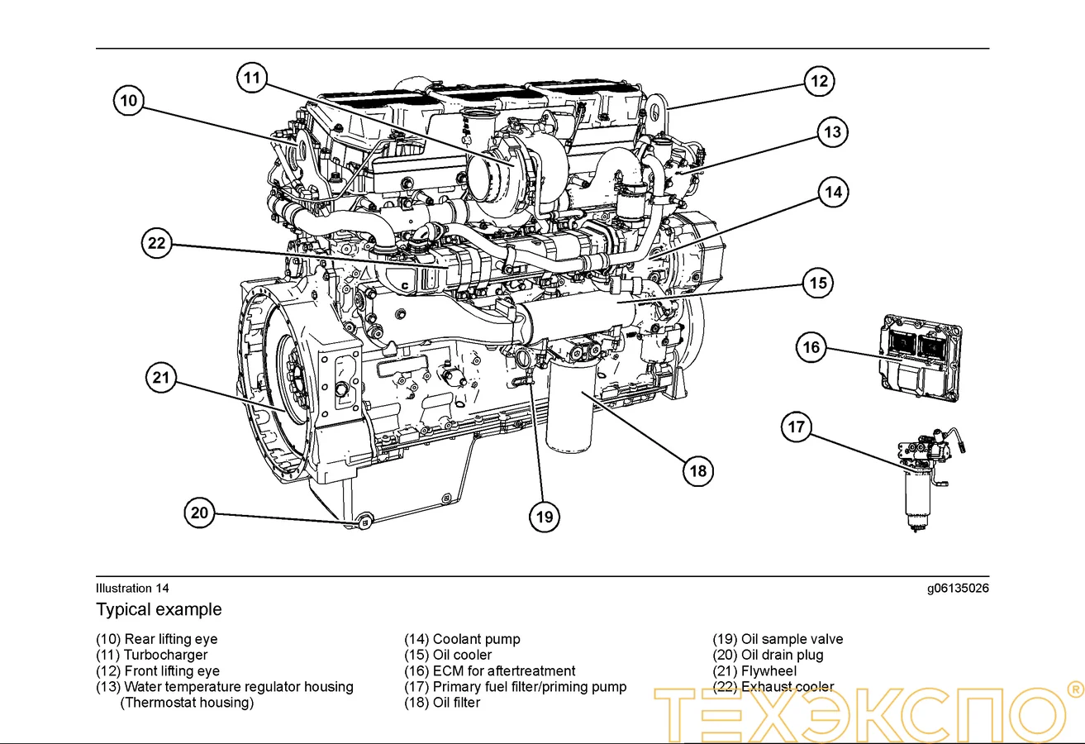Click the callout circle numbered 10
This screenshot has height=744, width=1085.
[x=128, y=102]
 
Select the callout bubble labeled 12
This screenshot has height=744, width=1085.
[x=819, y=81]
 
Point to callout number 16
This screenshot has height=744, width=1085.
[x=811, y=347]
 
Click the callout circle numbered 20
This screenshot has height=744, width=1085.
[x=200, y=513]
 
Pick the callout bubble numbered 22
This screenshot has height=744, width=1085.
[x=157, y=244]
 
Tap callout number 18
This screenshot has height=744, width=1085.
[x=698, y=471]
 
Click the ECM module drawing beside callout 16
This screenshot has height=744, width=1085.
[x=920, y=357]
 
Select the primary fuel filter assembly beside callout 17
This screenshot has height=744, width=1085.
[x=923, y=479]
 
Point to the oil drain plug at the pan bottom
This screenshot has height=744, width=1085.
[x=364, y=520]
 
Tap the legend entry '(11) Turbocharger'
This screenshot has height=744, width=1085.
[x=151, y=655]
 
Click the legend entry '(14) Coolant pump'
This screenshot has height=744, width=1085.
[x=462, y=639]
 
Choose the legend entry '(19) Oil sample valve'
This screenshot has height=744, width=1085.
[x=778, y=639]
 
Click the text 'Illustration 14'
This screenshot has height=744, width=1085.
[x=132, y=589]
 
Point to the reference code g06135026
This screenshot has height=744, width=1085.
[x=957, y=589]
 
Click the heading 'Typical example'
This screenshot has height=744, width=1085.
[x=159, y=610]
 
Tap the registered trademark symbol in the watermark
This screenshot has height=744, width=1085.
[x=1075, y=688]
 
